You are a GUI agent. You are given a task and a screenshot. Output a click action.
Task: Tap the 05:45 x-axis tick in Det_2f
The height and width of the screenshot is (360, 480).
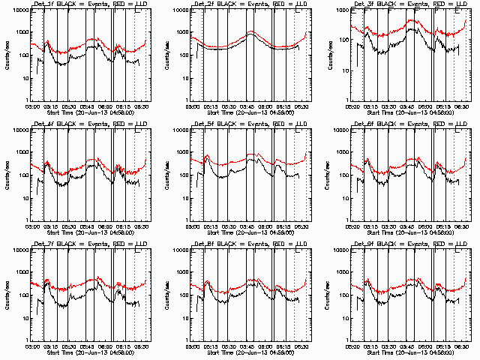(x=250, y=106)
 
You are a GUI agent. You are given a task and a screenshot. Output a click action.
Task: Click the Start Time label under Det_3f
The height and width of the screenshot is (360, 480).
(x=410, y=112)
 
